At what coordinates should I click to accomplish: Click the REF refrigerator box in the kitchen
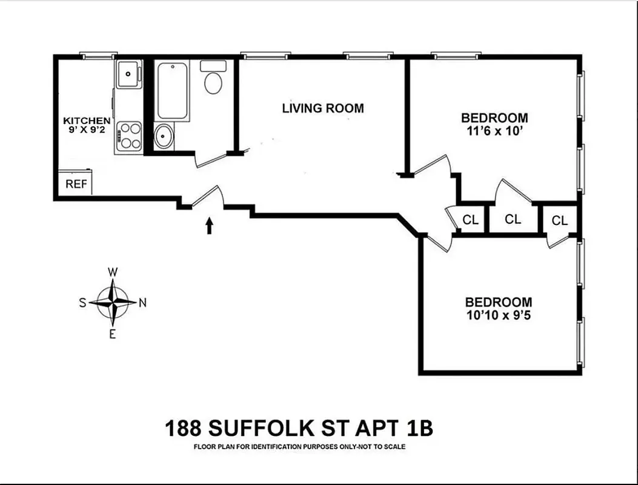click(76, 184)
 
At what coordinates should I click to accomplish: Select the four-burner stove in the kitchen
click(128, 136)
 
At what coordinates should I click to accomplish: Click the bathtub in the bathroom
click(172, 90)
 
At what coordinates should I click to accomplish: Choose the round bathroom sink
click(164, 137)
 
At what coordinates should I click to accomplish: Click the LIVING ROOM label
click(323, 109)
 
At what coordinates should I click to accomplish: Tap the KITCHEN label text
click(87, 121)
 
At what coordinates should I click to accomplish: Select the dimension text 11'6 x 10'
click(494, 130)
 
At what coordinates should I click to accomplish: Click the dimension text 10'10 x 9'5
click(498, 315)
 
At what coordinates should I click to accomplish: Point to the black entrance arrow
click(210, 226)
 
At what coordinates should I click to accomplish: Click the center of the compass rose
click(113, 302)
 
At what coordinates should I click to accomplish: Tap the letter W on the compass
click(113, 272)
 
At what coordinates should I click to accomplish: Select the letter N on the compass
click(143, 303)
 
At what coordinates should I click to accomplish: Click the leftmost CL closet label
click(470, 219)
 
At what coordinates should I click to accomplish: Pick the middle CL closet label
click(513, 219)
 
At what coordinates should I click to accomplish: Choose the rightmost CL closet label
click(560, 221)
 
